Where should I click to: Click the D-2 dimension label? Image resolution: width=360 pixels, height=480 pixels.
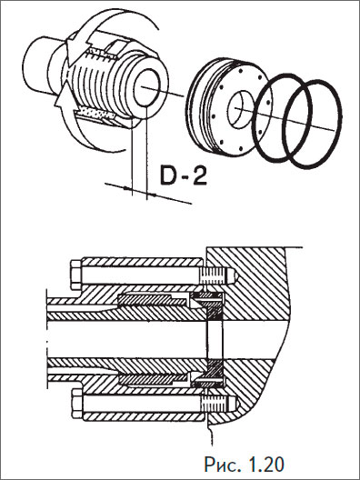pyautogui.click(x=184, y=175)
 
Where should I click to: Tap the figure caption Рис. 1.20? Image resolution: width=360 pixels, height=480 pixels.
pyautogui.click(x=244, y=465)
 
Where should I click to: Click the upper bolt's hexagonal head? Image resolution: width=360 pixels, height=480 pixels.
pyautogui.click(x=76, y=275)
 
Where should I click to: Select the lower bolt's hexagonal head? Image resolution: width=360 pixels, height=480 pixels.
pyautogui.click(x=77, y=404)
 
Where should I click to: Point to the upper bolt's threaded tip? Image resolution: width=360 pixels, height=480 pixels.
pyautogui.click(x=218, y=275)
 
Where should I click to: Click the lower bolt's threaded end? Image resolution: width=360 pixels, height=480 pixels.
pyautogui.click(x=219, y=404)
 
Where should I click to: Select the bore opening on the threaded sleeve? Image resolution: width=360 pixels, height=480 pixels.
pyautogui.click(x=147, y=87)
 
